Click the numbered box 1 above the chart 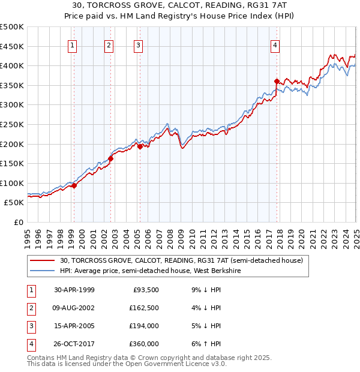pos(73,46)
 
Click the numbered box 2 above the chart pos(109,46)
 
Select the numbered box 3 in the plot pos(139,46)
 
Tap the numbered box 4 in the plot pos(275,46)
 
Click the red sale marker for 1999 pos(74,186)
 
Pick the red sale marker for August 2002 pos(111,159)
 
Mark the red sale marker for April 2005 pos(140,146)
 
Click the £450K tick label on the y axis pos(12,46)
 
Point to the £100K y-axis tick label pos(12,183)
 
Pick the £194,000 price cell pos(144,326)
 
